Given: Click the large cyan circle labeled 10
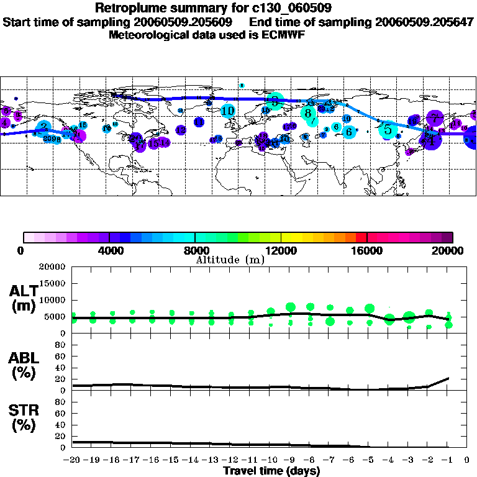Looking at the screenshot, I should (228, 111).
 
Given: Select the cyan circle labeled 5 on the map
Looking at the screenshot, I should (388, 129).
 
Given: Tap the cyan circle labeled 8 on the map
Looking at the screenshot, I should (308, 113).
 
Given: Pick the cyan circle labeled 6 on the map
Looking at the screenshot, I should (349, 132).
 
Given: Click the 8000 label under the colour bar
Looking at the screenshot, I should (195, 251).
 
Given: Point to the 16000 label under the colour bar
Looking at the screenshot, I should (366, 251).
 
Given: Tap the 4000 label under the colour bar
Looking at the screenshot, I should (109, 251).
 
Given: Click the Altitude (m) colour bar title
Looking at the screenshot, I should (230, 259).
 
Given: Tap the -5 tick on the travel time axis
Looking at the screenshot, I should (370, 461).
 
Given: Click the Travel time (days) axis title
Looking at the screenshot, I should (271, 471).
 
